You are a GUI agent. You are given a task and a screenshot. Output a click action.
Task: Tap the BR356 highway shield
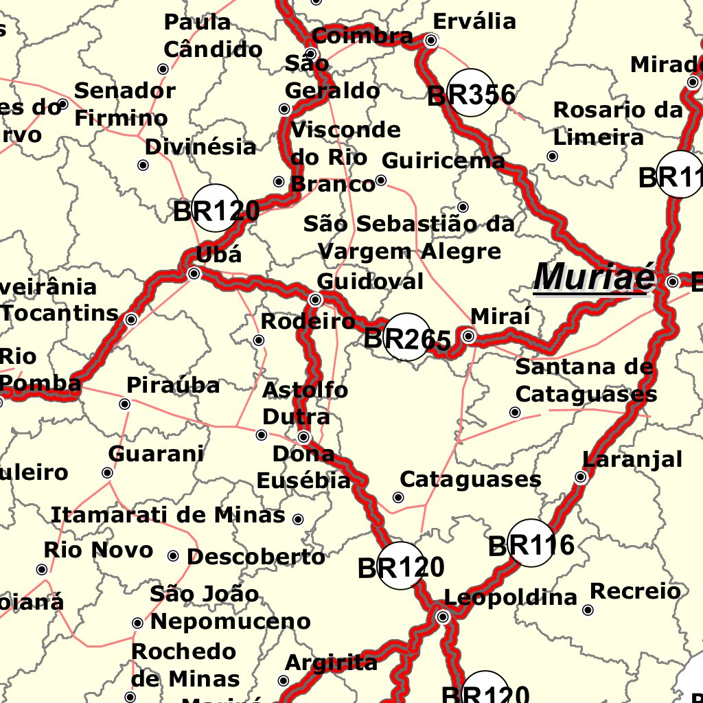click(472, 94)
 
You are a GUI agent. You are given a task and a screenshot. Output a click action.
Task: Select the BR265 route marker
click(407, 338)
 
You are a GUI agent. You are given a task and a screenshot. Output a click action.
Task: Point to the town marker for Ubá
click(194, 274)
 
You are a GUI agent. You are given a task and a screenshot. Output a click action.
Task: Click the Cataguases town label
click(470, 479)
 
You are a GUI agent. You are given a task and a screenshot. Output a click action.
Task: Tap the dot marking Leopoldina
click(443, 617)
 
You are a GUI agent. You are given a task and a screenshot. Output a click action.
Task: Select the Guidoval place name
click(370, 281)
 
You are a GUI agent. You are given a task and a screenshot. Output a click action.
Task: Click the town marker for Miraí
click(468, 336)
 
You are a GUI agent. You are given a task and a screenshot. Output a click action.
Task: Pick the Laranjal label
click(632, 459)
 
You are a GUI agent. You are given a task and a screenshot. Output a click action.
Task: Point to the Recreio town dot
click(588, 610)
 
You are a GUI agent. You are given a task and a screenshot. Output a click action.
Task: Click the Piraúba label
click(173, 386)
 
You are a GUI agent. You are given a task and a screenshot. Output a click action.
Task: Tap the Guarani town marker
click(107, 473)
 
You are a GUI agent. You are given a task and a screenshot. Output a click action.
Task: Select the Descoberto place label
click(256, 557)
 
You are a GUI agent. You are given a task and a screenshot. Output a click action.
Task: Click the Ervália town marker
click(431, 41)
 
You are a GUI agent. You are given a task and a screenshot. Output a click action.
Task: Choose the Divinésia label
click(200, 147)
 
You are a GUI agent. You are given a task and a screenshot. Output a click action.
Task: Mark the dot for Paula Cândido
click(163, 69)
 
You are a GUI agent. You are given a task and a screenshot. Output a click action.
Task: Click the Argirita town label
click(331, 662)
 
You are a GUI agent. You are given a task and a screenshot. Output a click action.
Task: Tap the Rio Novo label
click(98, 550)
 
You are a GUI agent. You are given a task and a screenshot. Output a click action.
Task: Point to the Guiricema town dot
click(381, 181)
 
